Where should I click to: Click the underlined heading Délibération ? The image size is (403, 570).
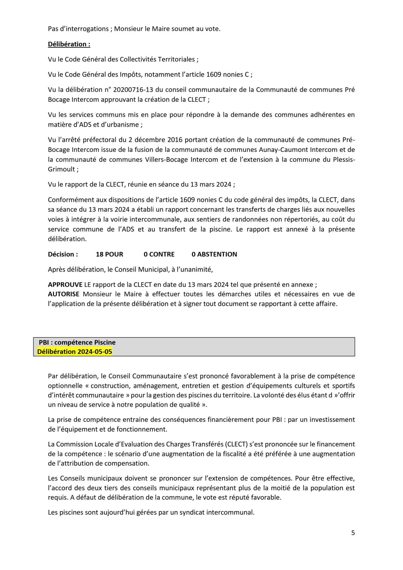[69, 44]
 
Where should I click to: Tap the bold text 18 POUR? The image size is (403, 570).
[109, 254]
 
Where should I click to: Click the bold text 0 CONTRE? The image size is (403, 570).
[159, 254]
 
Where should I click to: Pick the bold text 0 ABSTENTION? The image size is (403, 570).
[214, 254]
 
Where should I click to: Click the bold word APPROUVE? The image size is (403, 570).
[65, 284]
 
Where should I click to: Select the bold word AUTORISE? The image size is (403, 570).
[64, 294]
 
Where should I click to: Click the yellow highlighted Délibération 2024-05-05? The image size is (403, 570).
[75, 351]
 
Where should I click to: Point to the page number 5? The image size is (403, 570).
[353, 533]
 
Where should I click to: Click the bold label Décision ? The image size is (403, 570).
[63, 254]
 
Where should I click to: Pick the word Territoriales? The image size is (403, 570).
[176, 59]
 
